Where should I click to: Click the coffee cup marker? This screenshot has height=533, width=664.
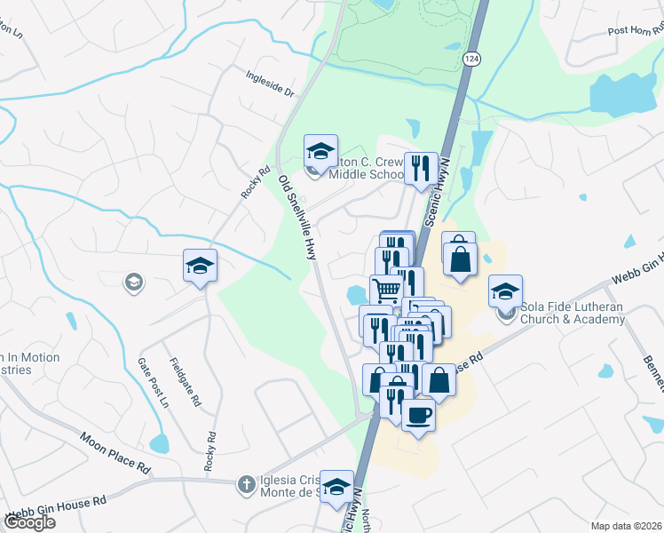click(418, 414)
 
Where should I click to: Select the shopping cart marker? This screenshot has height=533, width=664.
click(387, 290)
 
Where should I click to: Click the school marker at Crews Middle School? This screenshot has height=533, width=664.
click(321, 150)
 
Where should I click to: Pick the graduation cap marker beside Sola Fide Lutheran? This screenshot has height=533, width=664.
click(505, 290)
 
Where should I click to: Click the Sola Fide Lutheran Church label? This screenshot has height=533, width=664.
click(573, 313)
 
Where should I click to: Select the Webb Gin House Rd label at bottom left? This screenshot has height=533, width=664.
click(55, 507)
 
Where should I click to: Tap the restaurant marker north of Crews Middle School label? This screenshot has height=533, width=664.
click(421, 167)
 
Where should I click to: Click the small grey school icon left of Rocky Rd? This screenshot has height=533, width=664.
click(133, 282)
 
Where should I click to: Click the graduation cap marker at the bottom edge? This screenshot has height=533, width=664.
click(336, 487)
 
